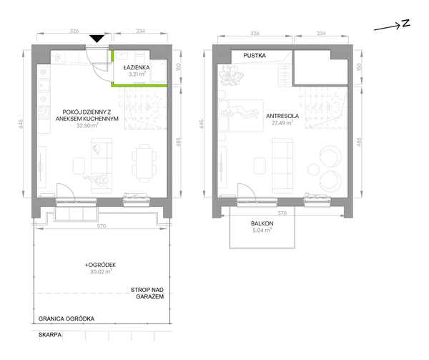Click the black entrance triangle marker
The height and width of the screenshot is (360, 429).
(97, 39)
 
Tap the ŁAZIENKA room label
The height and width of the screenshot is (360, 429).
(137, 67)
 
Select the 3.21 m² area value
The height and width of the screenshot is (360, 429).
(137, 74)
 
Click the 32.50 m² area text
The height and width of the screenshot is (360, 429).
(87, 125)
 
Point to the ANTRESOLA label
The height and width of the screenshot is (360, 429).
(282, 116)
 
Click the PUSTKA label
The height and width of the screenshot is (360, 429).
(255, 56)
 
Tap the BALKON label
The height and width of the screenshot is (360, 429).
(262, 223)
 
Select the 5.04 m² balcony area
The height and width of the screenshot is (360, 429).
(262, 230)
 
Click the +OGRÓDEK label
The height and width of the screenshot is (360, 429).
(101, 265)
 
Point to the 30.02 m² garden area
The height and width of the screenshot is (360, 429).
(101, 271)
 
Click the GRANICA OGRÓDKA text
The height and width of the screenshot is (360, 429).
(66, 318)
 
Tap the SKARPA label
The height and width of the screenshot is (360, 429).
(50, 335)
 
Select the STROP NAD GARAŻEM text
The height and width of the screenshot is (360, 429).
(147, 293)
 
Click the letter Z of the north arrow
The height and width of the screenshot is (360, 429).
(406, 24)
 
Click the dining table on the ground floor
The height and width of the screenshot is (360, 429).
(144, 163)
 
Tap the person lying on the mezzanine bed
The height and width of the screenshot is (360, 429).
(240, 112)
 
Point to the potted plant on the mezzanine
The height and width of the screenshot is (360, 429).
(231, 75)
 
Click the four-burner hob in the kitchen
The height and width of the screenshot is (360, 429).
(43, 113)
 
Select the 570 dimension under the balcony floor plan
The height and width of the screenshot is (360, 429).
(282, 213)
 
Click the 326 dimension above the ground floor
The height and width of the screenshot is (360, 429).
(74, 31)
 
